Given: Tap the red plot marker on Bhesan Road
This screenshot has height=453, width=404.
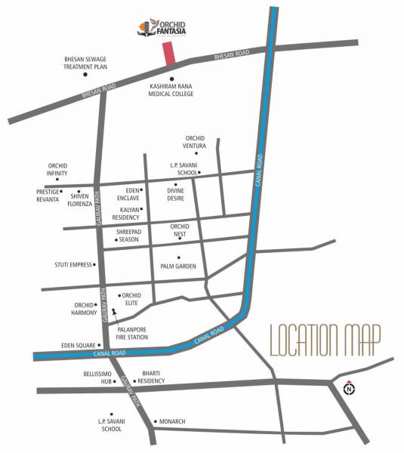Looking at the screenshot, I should (170, 52).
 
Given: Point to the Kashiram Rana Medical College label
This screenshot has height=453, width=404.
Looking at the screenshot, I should (172, 91).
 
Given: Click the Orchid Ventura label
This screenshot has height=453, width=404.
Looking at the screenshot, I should (194, 141).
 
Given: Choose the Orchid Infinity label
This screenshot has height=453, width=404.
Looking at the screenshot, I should (57, 169).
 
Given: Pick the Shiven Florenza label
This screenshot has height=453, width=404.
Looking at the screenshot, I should (80, 200).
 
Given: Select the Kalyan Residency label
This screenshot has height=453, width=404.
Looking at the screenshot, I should (125, 214).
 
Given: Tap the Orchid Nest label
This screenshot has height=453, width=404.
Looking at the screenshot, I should (179, 230).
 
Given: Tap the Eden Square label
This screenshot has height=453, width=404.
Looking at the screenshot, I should (78, 346).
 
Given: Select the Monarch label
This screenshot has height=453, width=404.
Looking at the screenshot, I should (172, 421).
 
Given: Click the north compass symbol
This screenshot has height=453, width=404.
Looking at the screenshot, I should (349, 390).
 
